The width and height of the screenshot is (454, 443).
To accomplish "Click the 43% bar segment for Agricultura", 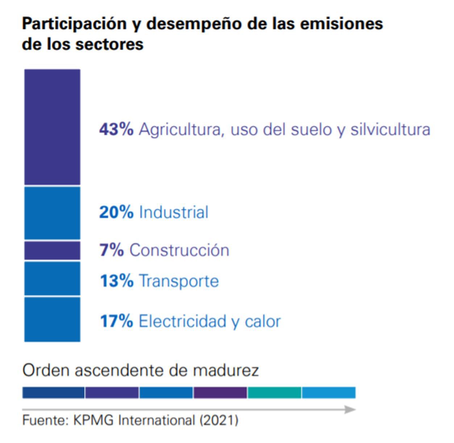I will (x=52, y=127).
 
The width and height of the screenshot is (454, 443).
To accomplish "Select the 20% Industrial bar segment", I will (x=52, y=213).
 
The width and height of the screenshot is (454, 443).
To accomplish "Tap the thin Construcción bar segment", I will (x=52, y=250).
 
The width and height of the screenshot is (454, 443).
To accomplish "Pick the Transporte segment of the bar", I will (x=52, y=278).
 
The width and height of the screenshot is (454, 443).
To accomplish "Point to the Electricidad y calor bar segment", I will (x=52, y=319).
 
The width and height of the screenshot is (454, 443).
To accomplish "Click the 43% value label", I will (x=116, y=129).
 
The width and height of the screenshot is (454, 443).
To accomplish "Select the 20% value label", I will (x=116, y=212).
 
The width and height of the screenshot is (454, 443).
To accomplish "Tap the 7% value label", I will (x=112, y=250).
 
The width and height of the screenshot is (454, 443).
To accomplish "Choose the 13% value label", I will (x=117, y=281).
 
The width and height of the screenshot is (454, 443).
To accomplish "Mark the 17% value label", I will (x=117, y=321).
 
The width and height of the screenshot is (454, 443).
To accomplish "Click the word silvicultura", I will (x=390, y=129).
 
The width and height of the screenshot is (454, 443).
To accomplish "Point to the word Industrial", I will (x=174, y=212).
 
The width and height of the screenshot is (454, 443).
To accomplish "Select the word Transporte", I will (x=179, y=281).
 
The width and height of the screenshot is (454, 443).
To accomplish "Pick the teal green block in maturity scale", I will (x=274, y=393).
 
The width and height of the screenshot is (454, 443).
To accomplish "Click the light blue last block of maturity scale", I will (x=329, y=393).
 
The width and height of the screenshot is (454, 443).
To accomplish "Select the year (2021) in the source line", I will (x=219, y=420).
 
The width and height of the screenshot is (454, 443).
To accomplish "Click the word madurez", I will (x=226, y=370).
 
